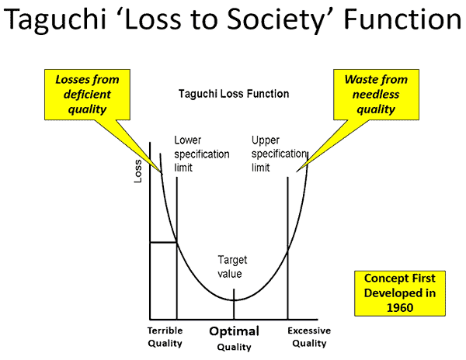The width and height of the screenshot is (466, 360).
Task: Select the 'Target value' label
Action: (230, 266)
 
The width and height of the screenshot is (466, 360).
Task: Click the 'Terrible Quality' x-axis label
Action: (165, 336)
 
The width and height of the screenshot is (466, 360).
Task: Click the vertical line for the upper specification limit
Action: (288, 248)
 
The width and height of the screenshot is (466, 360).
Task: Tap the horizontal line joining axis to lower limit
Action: (163, 242)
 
